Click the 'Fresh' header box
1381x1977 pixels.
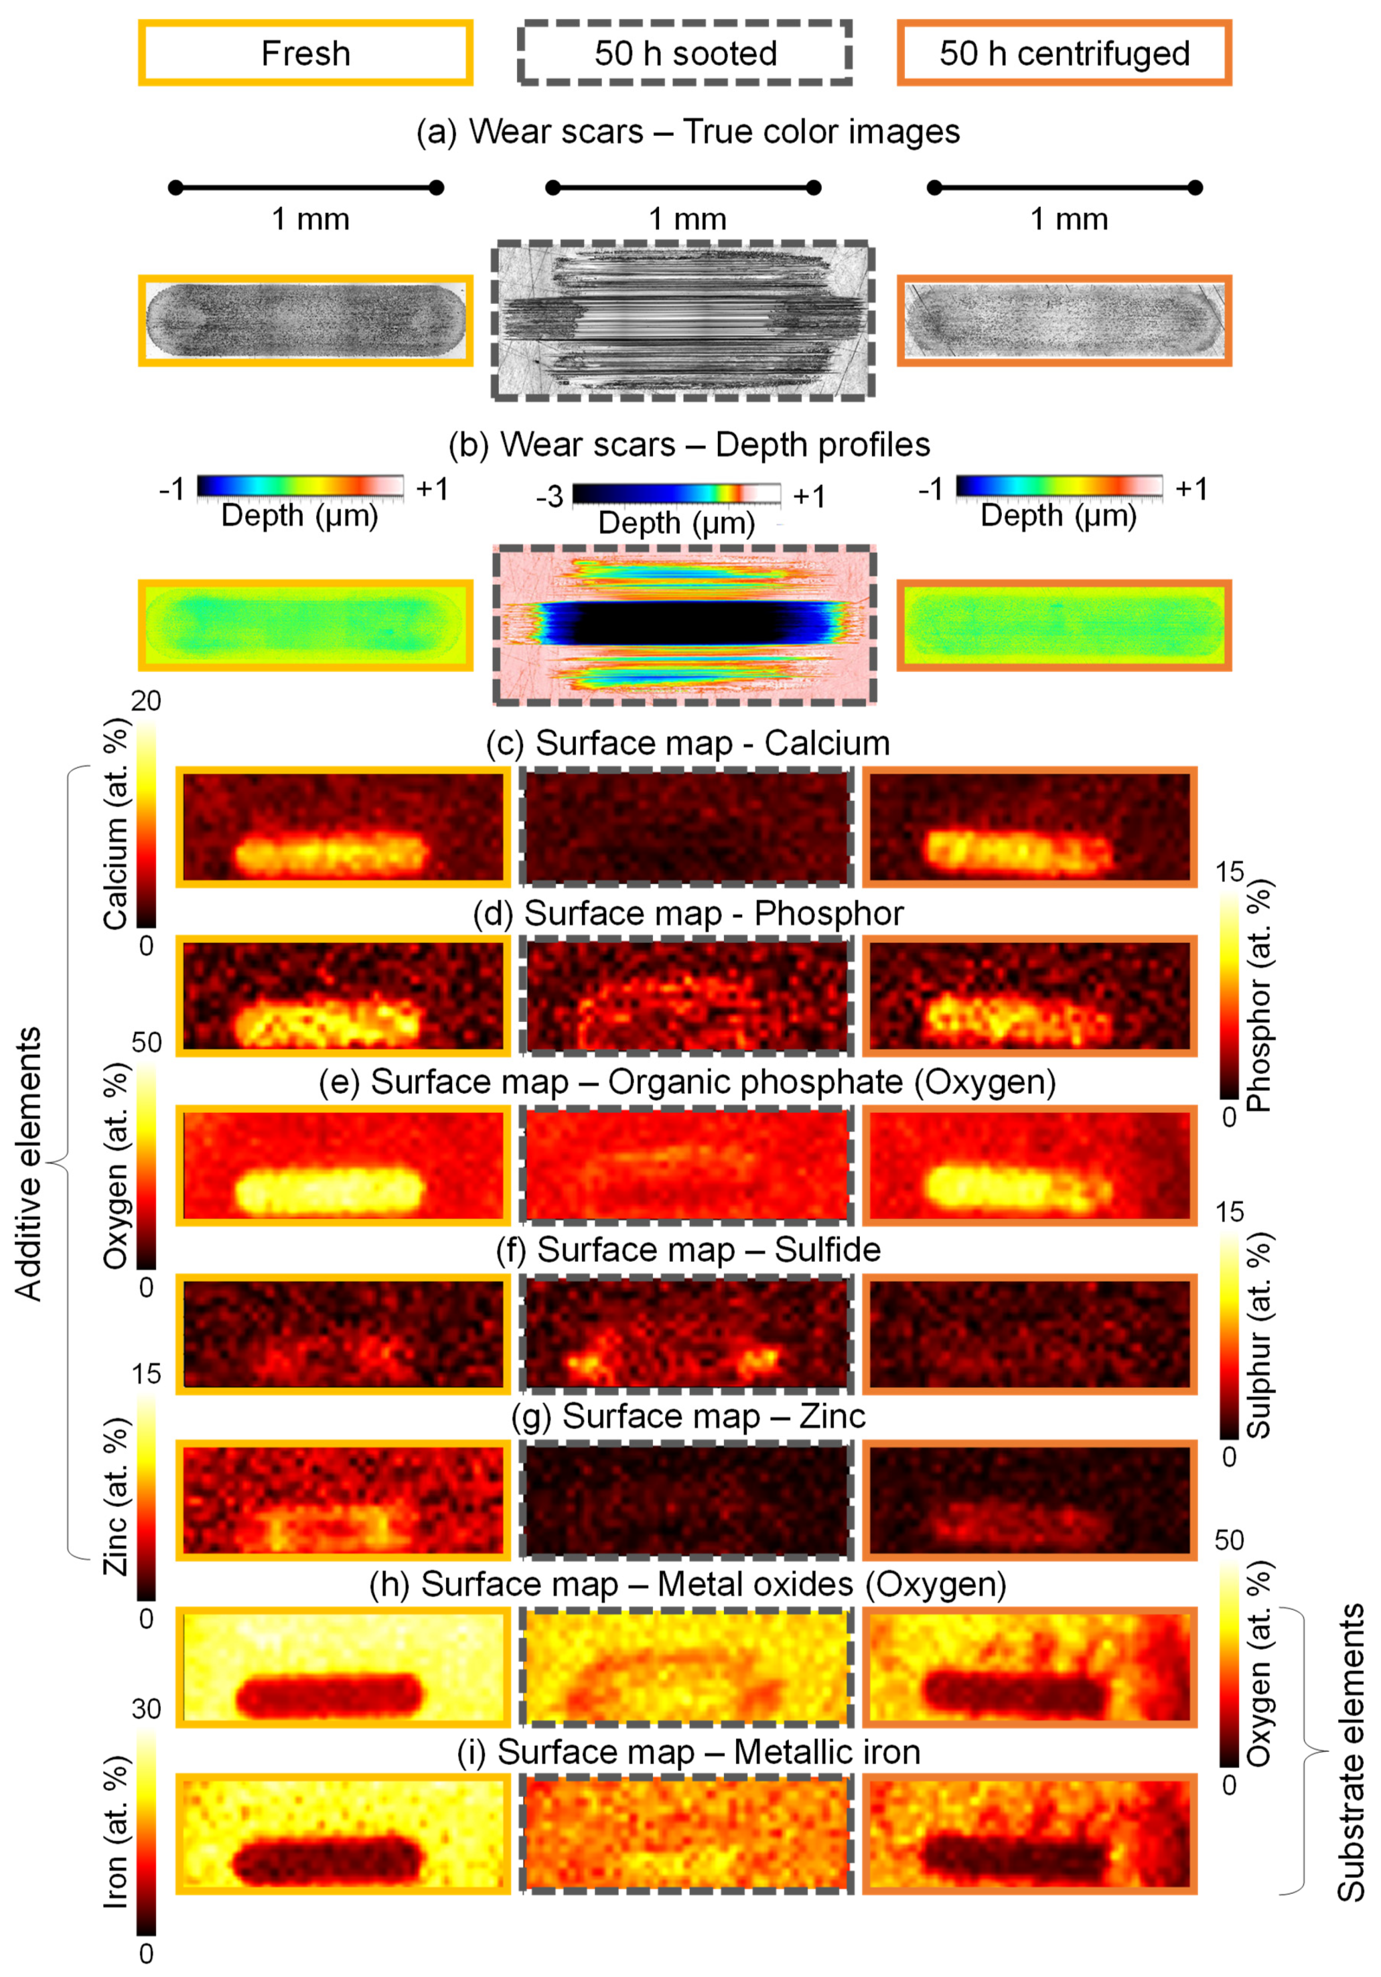[x=306, y=53]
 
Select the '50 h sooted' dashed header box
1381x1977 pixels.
[x=685, y=53]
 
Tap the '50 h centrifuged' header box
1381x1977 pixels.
[x=1064, y=53]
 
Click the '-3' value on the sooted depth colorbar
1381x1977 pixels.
[x=549, y=497]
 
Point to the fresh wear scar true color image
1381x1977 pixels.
[x=306, y=321]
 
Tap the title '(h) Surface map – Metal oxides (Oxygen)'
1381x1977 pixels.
[x=687, y=1584]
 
